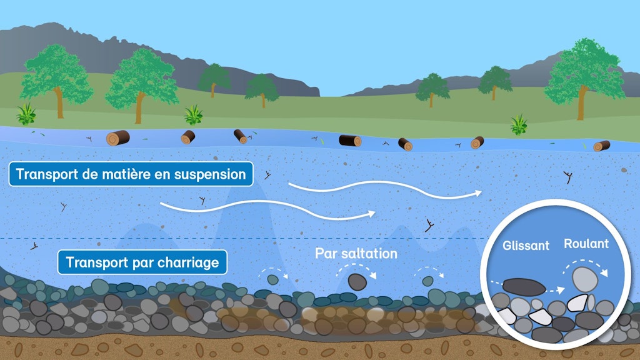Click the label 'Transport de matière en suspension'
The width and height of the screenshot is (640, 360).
(131, 174)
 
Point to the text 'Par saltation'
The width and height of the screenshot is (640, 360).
(356, 253)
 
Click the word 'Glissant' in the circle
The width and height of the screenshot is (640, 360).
(526, 246)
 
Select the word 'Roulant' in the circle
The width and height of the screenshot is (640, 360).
(586, 244)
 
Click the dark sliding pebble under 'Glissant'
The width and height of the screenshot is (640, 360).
(524, 287)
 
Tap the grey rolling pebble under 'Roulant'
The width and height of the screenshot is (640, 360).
(584, 277)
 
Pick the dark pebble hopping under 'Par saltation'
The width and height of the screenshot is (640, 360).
(357, 282)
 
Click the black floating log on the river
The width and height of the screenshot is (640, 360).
(350, 140)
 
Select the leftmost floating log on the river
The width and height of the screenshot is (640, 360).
(117, 137)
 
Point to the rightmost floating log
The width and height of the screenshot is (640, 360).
(601, 146)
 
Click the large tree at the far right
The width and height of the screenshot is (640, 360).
(584, 75)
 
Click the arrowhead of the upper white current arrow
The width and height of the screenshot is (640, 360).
(479, 193)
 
